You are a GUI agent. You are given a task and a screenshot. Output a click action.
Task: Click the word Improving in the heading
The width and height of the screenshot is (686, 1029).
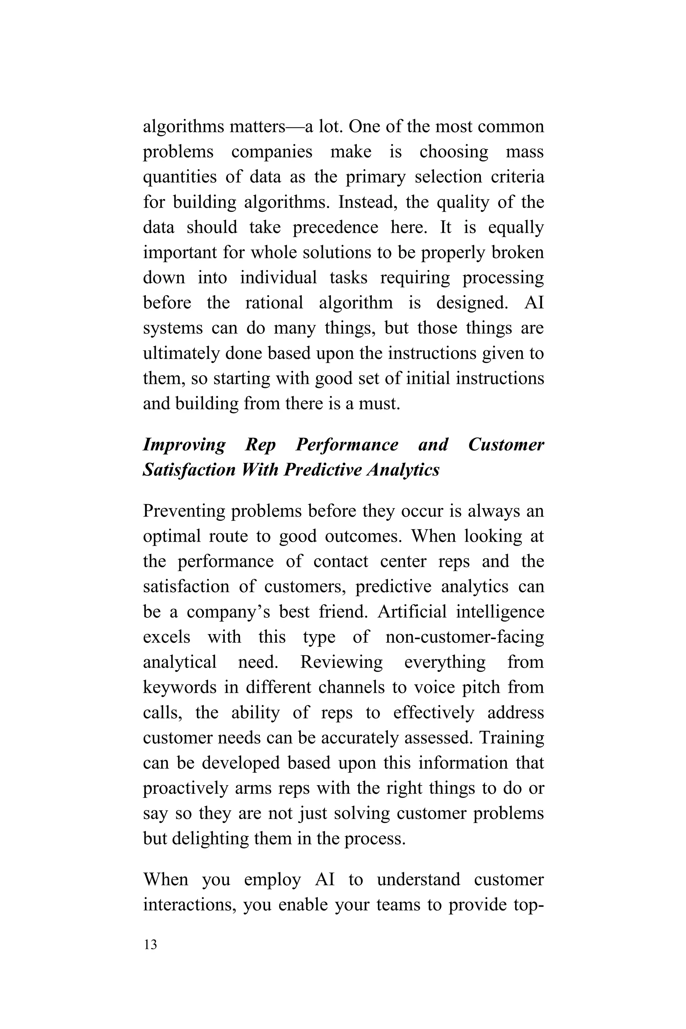coord(184,445)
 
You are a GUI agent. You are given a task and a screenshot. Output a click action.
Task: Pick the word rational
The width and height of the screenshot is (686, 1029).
coord(274,303)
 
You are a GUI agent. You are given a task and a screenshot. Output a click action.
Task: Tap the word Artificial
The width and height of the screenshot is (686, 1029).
coord(412,612)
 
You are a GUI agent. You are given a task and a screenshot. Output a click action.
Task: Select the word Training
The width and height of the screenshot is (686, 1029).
coord(511,738)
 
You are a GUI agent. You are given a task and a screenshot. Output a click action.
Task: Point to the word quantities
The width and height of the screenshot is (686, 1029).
coord(180,177)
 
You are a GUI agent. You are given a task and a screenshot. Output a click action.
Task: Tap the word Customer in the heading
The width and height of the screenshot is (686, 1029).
coord(506,445)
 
